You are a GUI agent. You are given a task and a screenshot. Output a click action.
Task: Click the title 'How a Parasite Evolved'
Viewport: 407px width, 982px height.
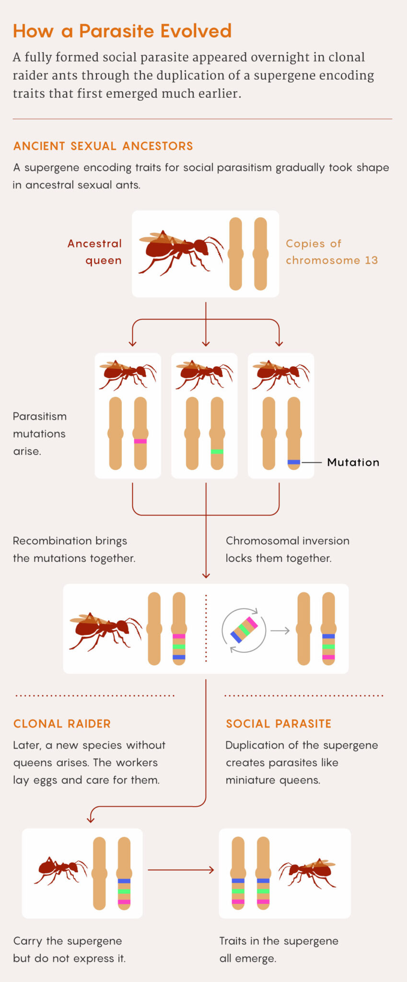click(x=122, y=31)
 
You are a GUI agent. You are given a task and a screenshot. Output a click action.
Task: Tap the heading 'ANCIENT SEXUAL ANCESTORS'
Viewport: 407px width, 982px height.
click(x=103, y=146)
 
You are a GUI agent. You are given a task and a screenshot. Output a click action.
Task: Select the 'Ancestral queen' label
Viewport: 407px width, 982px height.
click(x=94, y=252)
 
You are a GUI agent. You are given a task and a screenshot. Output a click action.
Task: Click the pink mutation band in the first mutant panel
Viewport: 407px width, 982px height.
click(x=140, y=441)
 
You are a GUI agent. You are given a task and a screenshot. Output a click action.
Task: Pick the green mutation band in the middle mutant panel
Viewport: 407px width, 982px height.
click(x=217, y=452)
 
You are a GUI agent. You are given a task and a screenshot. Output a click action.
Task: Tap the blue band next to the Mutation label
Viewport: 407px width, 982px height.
click(x=294, y=462)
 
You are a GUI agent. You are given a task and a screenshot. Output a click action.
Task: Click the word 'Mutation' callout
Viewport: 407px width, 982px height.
click(x=353, y=462)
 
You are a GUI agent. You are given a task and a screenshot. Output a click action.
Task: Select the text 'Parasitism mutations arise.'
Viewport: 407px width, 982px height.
click(x=39, y=433)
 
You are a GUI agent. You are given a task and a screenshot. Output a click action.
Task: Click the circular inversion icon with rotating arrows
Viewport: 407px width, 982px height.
click(x=244, y=630)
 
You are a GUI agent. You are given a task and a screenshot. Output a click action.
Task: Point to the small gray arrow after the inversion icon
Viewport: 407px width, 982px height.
click(x=280, y=631)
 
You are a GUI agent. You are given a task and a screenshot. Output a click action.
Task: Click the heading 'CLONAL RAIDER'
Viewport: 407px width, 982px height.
click(x=62, y=724)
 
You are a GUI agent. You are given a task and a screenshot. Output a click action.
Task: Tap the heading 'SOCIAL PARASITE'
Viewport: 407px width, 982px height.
click(x=279, y=724)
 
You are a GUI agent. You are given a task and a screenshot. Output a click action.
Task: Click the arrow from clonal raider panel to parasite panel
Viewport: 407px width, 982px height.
click(x=181, y=870)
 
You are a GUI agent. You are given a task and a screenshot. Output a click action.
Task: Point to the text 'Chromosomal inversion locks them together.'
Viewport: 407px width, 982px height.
click(x=287, y=549)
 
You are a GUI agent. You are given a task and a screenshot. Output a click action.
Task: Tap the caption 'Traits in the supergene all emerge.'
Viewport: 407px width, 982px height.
click(x=279, y=949)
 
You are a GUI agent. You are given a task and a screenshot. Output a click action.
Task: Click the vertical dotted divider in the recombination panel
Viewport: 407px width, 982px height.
click(x=206, y=629)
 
